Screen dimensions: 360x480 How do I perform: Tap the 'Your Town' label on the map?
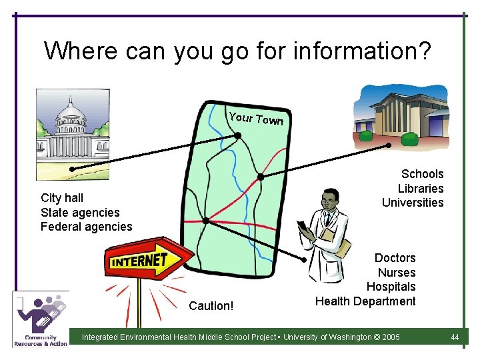256,119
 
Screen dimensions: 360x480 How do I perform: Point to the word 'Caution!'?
211,306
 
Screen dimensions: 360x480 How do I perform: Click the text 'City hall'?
62,198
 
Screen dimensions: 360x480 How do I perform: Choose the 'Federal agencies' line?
87,227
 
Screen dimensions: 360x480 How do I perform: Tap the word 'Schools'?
422,174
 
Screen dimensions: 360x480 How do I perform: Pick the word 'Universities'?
413,203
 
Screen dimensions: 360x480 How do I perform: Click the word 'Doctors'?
395,258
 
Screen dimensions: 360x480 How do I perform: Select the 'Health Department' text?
365,301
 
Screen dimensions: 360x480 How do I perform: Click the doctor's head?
329,200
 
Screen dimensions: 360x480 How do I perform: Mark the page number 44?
455,337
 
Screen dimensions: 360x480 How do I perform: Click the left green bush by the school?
365,135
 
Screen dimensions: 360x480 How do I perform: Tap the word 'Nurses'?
397,273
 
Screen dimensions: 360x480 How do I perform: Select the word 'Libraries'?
421,189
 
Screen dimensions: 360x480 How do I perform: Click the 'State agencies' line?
80,213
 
